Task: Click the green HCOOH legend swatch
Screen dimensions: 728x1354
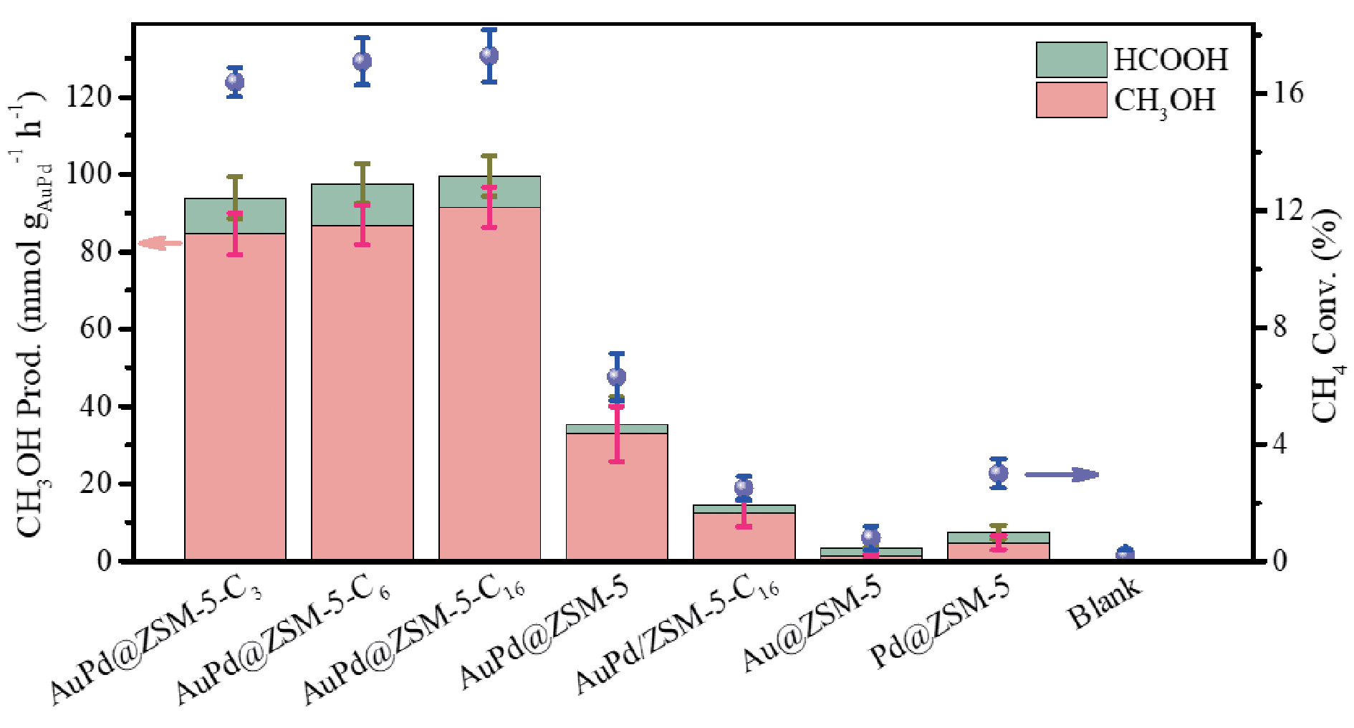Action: [1071, 59]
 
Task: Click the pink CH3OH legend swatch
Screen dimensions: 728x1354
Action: [1071, 100]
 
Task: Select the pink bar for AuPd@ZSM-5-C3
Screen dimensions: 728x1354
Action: [235, 401]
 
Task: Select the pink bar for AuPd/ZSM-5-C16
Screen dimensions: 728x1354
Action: [744, 537]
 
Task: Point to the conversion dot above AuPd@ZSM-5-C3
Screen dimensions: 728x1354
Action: [235, 82]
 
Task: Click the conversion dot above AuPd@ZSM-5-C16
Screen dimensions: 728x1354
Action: [489, 56]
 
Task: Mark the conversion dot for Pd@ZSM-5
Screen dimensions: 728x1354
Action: [998, 474]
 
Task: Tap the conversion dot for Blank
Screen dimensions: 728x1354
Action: [1125, 555]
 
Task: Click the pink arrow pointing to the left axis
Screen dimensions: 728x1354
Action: [160, 244]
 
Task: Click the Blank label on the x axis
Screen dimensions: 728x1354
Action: [1103, 605]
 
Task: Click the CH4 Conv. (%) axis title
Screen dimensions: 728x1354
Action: [1325, 315]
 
